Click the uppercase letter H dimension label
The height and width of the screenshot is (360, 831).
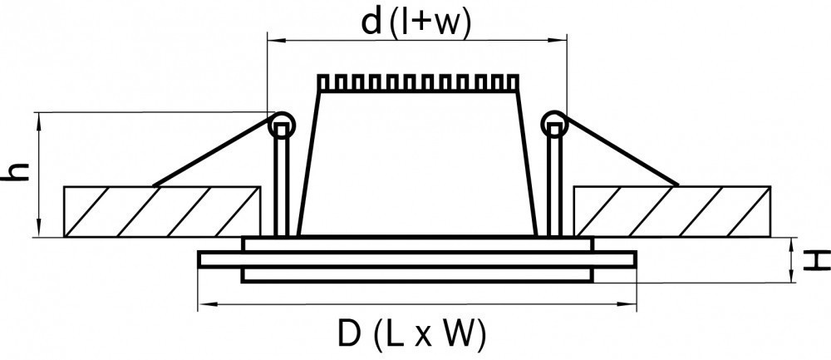[819, 260]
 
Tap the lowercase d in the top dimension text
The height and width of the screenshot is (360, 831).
[372, 22]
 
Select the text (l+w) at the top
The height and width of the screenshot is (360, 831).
[430, 22]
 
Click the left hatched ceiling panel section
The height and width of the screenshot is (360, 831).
[162, 210]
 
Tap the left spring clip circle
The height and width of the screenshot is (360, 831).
[282, 126]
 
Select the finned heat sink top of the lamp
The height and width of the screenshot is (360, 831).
[417, 83]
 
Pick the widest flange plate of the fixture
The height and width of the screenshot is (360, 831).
[417, 259]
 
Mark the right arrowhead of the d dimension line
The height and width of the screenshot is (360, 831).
[563, 38]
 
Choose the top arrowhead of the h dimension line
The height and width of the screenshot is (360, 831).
[39, 116]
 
